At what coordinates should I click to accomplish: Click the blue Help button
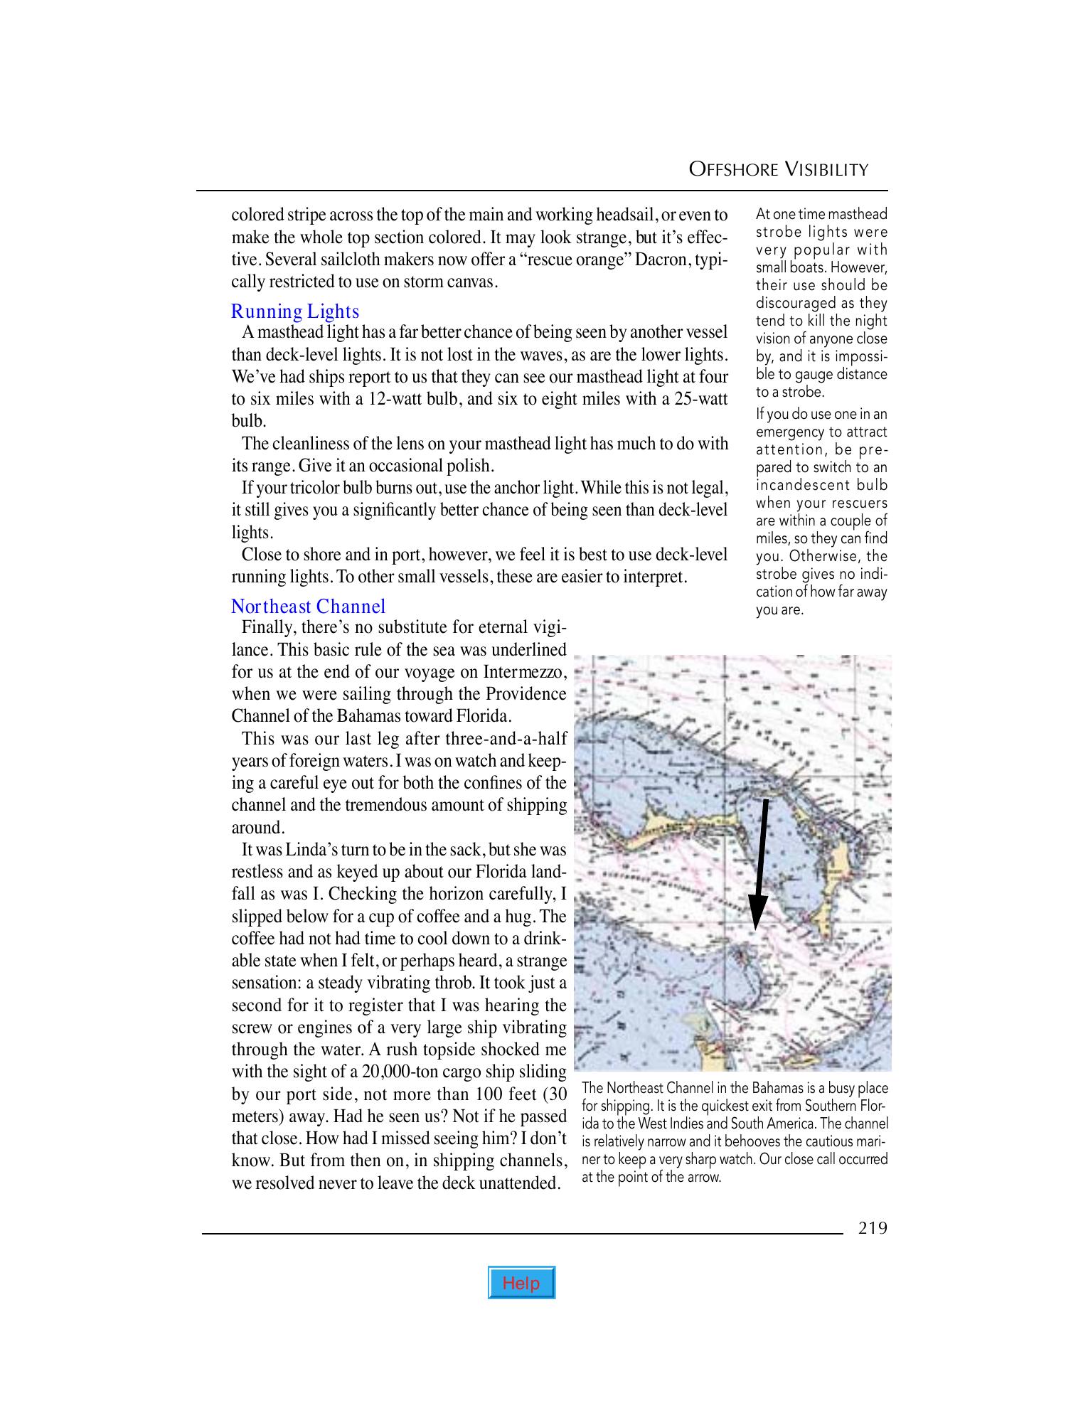(x=521, y=1283)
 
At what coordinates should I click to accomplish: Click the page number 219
(x=873, y=1228)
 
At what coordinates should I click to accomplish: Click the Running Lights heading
(x=295, y=311)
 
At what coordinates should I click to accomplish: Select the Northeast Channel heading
(x=308, y=607)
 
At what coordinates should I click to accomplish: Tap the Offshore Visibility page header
(x=779, y=169)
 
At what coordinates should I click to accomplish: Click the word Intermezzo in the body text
(x=524, y=672)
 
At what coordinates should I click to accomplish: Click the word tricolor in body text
(x=322, y=488)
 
